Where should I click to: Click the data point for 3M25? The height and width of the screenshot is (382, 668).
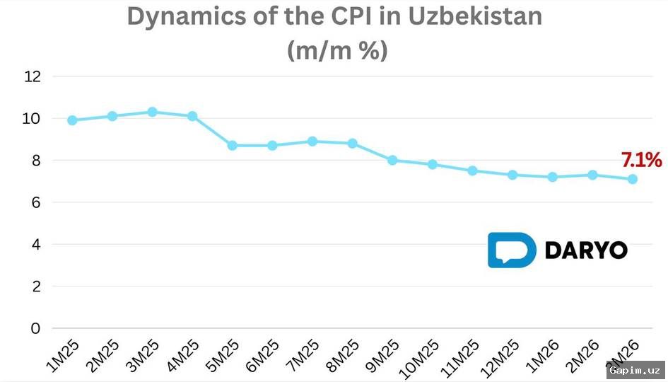[152, 112]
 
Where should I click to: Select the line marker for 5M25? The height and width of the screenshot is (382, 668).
[232, 145]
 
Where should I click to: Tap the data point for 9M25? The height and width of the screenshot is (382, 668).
[392, 160]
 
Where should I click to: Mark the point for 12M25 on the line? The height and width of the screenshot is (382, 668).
[512, 175]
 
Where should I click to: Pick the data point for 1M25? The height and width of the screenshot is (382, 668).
[72, 120]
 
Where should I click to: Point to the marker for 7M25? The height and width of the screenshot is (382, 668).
[312, 141]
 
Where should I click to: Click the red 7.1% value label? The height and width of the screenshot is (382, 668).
[642, 161]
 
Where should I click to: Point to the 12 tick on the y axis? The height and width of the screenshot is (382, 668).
[33, 76]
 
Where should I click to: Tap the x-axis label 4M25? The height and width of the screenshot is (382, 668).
[182, 356]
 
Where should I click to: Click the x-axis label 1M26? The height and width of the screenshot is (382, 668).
[544, 356]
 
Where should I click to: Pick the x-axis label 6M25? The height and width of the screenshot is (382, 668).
[263, 356]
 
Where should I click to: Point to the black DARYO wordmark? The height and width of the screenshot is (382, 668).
[586, 250]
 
